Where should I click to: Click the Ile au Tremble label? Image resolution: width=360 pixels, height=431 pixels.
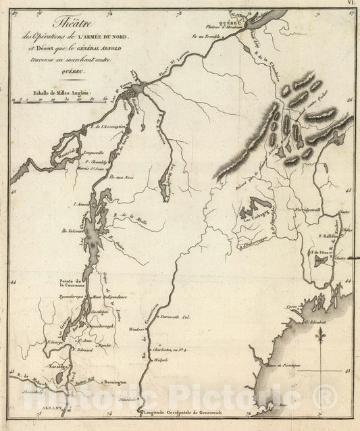pyautogui.click(x=205, y=36)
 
